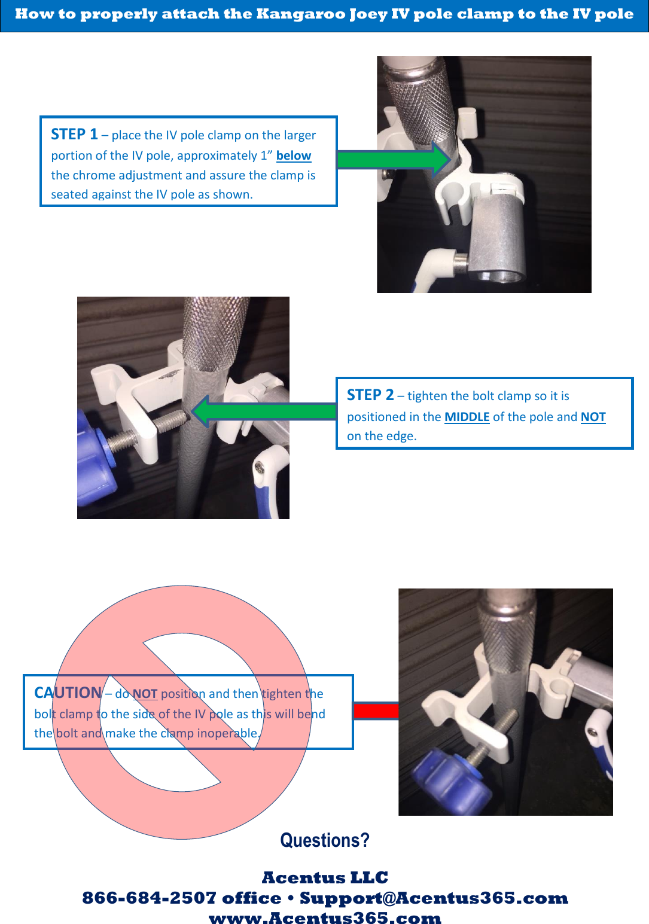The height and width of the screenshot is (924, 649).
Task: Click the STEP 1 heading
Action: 74,134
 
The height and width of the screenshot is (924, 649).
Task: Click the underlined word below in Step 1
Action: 293,155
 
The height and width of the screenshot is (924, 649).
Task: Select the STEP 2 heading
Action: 370,395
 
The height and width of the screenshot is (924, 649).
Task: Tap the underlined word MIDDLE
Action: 467,417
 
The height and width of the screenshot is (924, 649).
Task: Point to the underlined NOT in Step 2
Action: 593,417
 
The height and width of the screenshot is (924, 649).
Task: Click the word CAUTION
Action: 68,693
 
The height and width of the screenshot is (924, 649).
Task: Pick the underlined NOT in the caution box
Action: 145,694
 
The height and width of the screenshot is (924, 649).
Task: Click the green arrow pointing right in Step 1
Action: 392,159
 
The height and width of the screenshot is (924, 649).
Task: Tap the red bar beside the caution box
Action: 376,710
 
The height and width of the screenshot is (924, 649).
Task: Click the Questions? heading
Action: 325,840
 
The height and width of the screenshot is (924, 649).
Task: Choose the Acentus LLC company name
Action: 325,877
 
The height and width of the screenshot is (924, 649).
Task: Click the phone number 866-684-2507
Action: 149,898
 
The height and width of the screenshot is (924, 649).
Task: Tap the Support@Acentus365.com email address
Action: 434,898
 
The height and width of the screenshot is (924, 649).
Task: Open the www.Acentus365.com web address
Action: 325,918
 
